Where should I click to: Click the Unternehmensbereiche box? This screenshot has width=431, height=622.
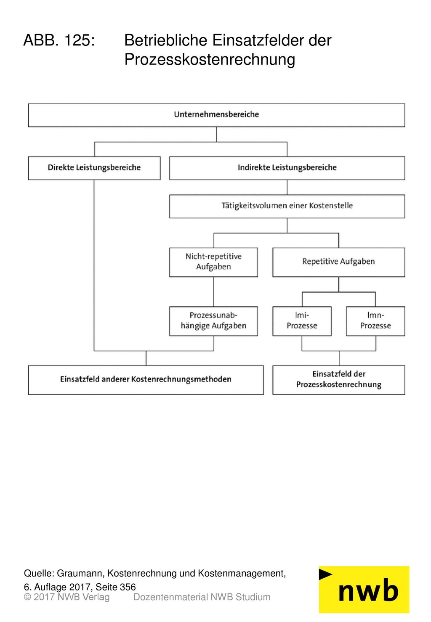click(x=216, y=115)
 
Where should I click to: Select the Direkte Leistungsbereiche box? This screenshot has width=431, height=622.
click(x=94, y=168)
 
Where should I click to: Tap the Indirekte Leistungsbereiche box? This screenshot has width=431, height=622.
click(x=287, y=168)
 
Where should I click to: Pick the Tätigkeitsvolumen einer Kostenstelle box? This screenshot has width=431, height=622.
click(x=287, y=206)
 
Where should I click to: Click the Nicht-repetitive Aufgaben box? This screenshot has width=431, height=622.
click(x=213, y=262)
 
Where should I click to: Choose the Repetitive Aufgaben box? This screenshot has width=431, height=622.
click(x=339, y=262)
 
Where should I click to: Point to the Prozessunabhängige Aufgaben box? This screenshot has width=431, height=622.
click(x=213, y=321)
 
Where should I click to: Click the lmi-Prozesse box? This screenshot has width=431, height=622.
click(x=302, y=321)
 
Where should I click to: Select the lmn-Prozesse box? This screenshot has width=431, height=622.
click(x=375, y=321)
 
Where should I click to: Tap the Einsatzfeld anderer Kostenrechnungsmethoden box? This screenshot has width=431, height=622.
click(x=146, y=380)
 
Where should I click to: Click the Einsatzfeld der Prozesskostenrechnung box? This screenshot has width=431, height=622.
click(x=339, y=380)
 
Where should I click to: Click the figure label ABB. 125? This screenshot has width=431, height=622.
click(x=59, y=40)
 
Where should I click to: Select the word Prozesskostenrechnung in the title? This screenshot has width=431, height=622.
click(x=210, y=59)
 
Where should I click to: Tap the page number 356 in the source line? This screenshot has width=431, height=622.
click(x=128, y=587)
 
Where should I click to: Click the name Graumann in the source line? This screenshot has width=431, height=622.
click(x=80, y=573)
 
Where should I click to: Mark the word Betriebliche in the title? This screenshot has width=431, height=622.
click(x=165, y=40)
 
